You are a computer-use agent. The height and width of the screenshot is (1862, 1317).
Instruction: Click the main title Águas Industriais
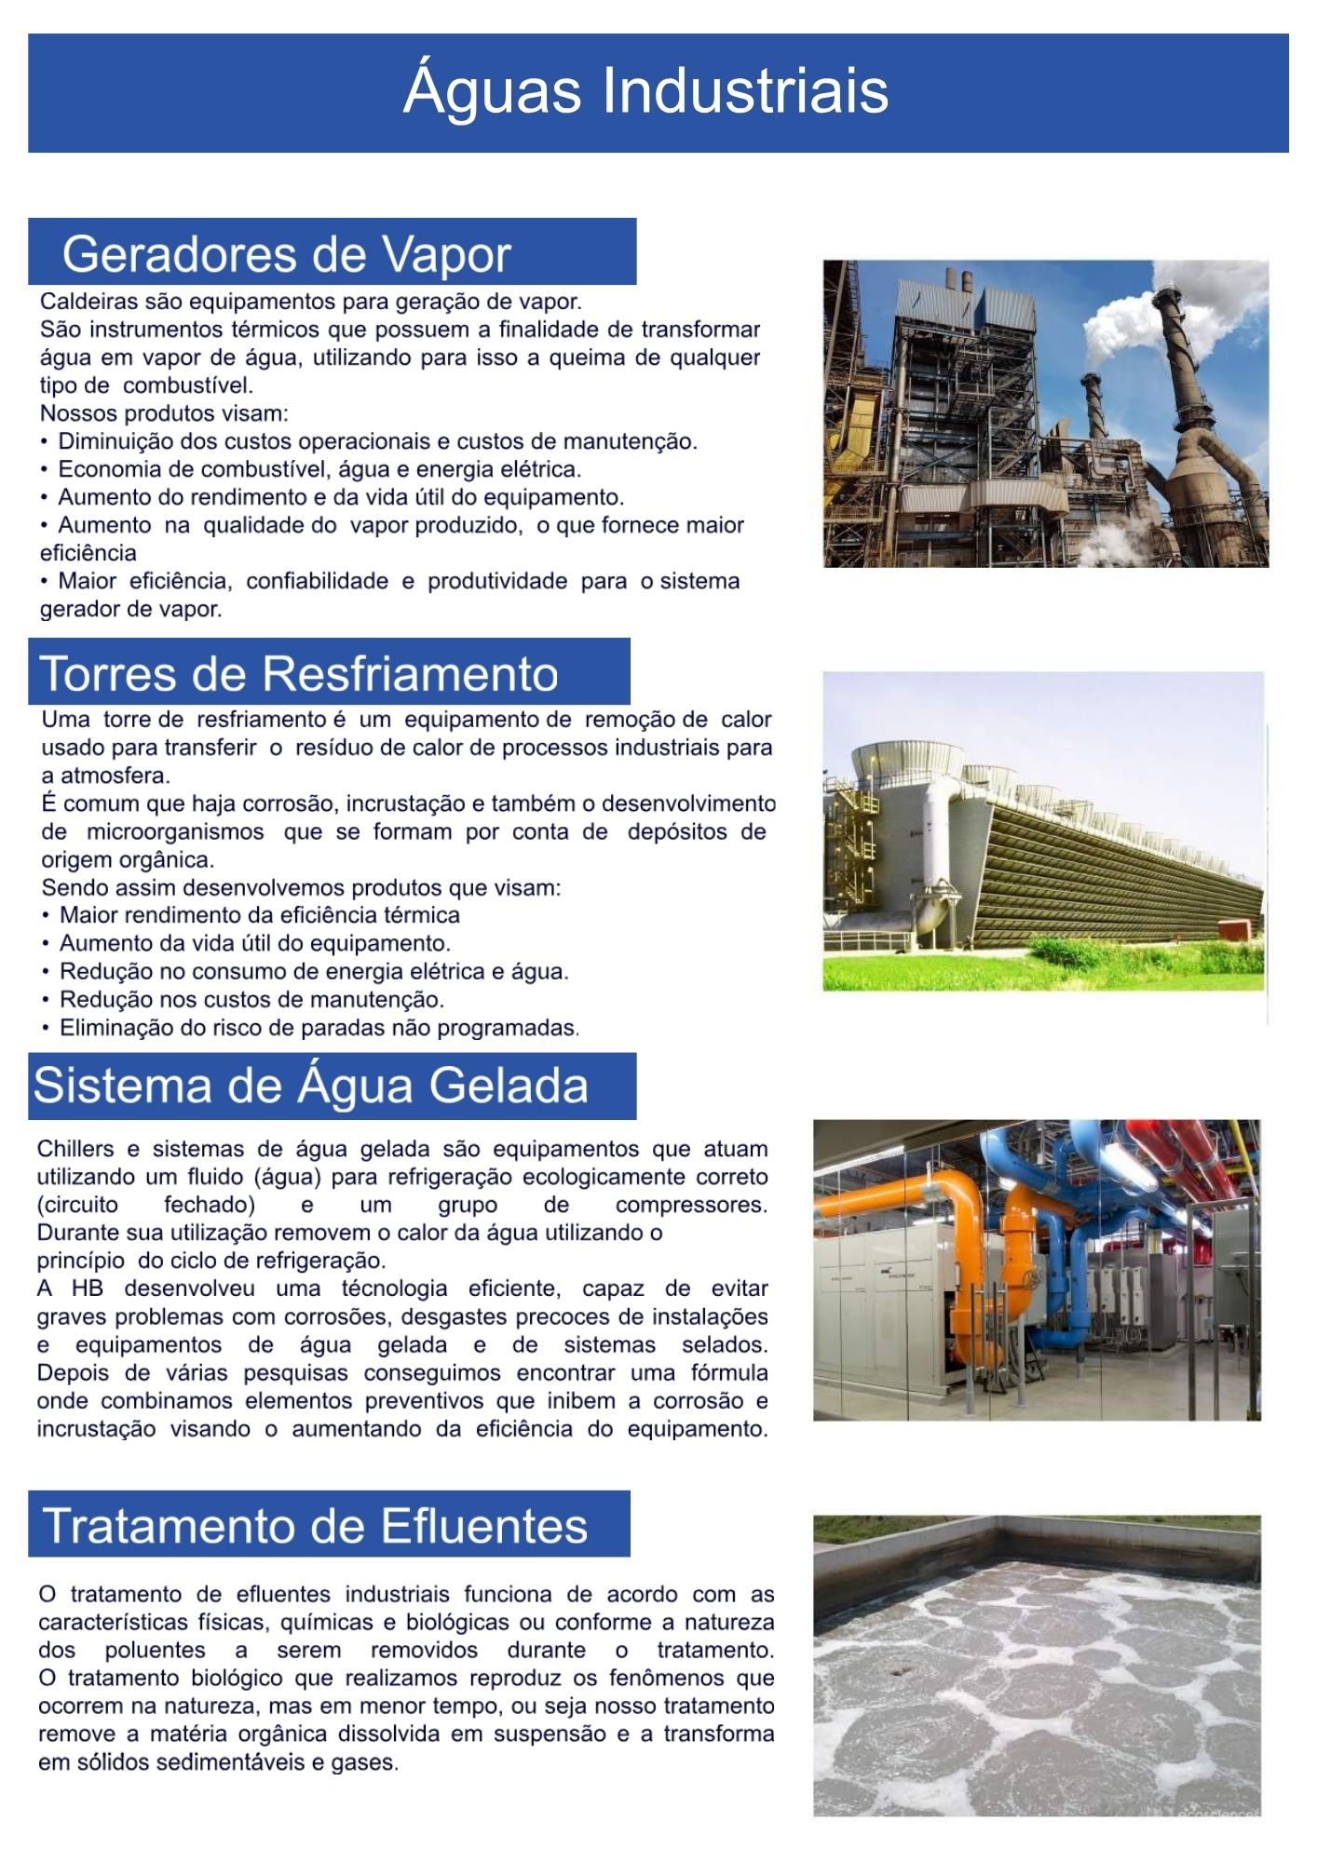click(x=645, y=90)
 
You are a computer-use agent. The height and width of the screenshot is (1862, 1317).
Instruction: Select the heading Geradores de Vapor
click(x=287, y=254)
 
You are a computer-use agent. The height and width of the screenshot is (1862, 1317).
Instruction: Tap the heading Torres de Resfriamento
click(x=299, y=673)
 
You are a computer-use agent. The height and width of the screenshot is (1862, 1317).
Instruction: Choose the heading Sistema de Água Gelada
click(x=311, y=1086)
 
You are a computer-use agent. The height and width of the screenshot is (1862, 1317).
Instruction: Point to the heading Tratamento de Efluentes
click(x=316, y=1526)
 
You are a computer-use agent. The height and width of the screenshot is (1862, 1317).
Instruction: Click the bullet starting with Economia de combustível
click(x=319, y=469)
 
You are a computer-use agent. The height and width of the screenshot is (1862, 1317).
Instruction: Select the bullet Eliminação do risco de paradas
click(x=319, y=1028)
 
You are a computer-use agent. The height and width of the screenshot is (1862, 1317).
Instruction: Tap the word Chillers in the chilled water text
click(x=75, y=1149)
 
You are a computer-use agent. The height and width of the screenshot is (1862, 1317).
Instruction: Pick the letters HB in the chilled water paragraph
click(x=88, y=1289)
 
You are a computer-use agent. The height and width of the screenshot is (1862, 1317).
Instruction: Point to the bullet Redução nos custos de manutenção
click(x=251, y=1000)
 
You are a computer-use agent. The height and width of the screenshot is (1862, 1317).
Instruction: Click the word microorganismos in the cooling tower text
click(x=175, y=831)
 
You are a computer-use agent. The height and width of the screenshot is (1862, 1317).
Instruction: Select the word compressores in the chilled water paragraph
click(x=690, y=1205)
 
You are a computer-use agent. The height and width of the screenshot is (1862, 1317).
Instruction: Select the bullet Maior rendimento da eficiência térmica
click(x=259, y=915)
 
